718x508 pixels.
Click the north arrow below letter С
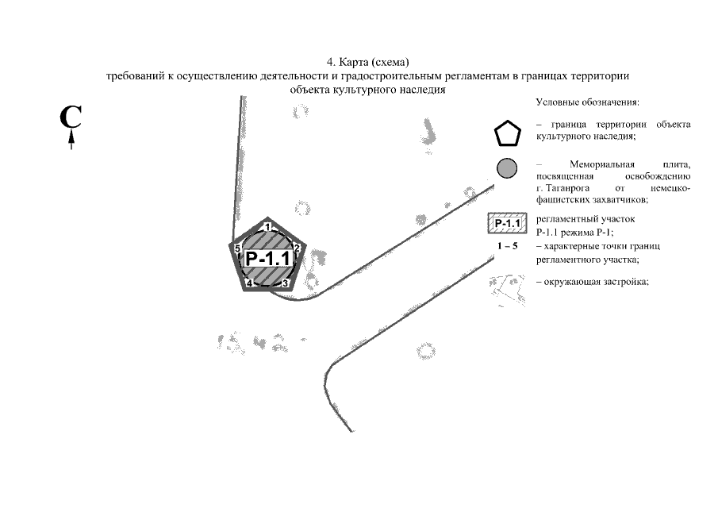(71, 140)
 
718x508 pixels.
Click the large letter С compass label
(71, 117)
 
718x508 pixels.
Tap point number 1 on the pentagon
(268, 226)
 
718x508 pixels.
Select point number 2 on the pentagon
(297, 248)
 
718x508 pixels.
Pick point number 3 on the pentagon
(285, 283)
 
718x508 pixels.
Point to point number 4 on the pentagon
(249, 283)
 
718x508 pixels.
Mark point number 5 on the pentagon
(237, 248)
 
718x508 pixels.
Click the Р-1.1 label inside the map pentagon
(268, 258)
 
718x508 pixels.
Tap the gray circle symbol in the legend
(507, 168)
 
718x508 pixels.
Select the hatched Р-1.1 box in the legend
(508, 224)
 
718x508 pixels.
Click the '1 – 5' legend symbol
(508, 246)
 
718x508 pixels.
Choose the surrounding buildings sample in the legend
(508, 290)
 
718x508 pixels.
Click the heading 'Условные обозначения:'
(588, 102)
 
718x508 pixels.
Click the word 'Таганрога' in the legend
(568, 188)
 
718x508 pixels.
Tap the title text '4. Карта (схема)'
(367, 62)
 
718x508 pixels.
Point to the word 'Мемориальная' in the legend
(602, 164)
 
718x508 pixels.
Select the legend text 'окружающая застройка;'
(596, 282)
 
